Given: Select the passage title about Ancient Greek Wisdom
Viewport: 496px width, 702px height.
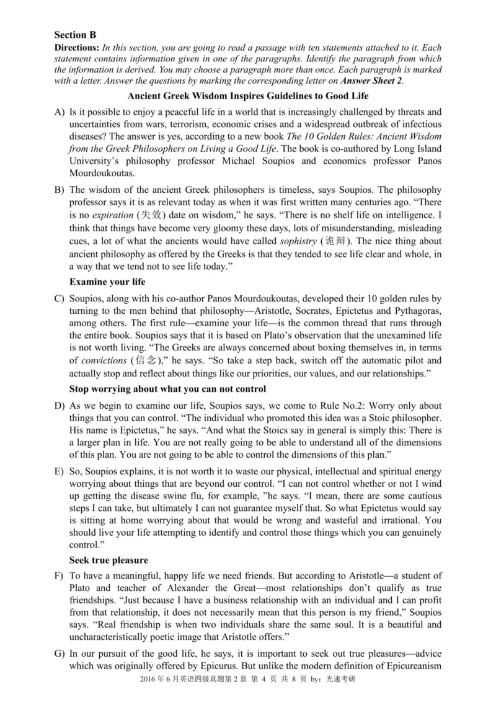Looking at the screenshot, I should (x=247, y=96).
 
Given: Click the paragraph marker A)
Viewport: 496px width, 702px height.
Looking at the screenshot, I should (x=60, y=112).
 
